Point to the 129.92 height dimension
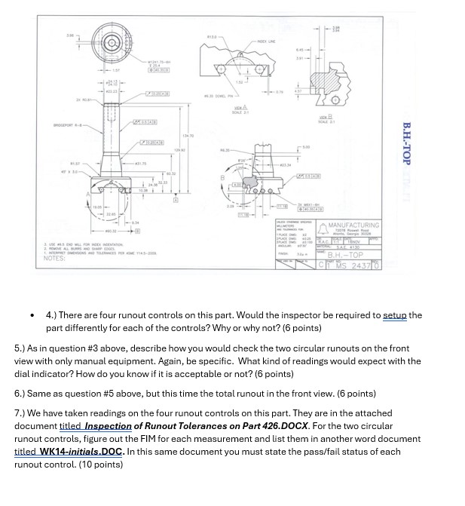179,151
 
